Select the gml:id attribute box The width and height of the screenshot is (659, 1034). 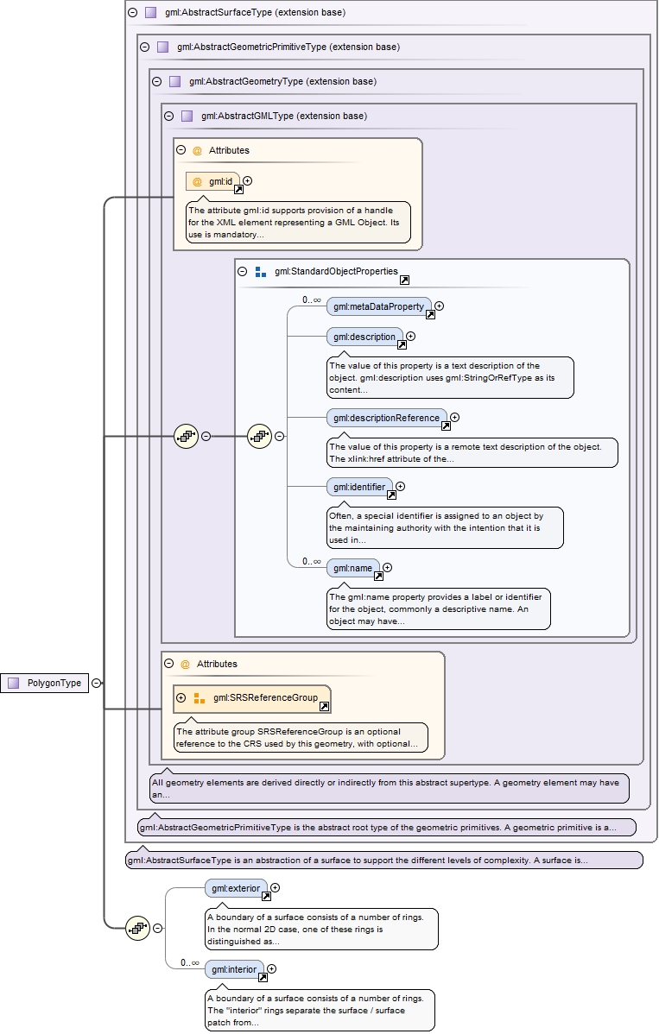212,181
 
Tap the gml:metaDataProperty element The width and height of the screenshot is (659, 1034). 378,306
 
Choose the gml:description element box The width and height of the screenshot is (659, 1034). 364,337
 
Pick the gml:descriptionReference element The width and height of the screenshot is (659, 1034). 386,418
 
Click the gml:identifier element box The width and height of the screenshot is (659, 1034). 358,487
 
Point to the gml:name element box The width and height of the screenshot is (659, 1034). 352,568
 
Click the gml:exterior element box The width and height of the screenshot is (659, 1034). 236,887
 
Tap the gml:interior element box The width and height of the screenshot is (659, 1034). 234,969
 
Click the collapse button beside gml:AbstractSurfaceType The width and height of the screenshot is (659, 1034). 132,13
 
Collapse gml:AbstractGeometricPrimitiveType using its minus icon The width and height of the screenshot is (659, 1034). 145,47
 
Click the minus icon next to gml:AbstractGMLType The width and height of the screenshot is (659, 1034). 168,116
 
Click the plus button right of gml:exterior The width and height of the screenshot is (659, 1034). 276,887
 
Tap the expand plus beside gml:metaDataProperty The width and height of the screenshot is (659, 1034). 440,306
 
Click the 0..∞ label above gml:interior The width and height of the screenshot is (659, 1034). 190,961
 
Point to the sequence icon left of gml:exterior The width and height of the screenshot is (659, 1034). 138,929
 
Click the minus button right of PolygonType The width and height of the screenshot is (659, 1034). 97,683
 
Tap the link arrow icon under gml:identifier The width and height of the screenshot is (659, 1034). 391,495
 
